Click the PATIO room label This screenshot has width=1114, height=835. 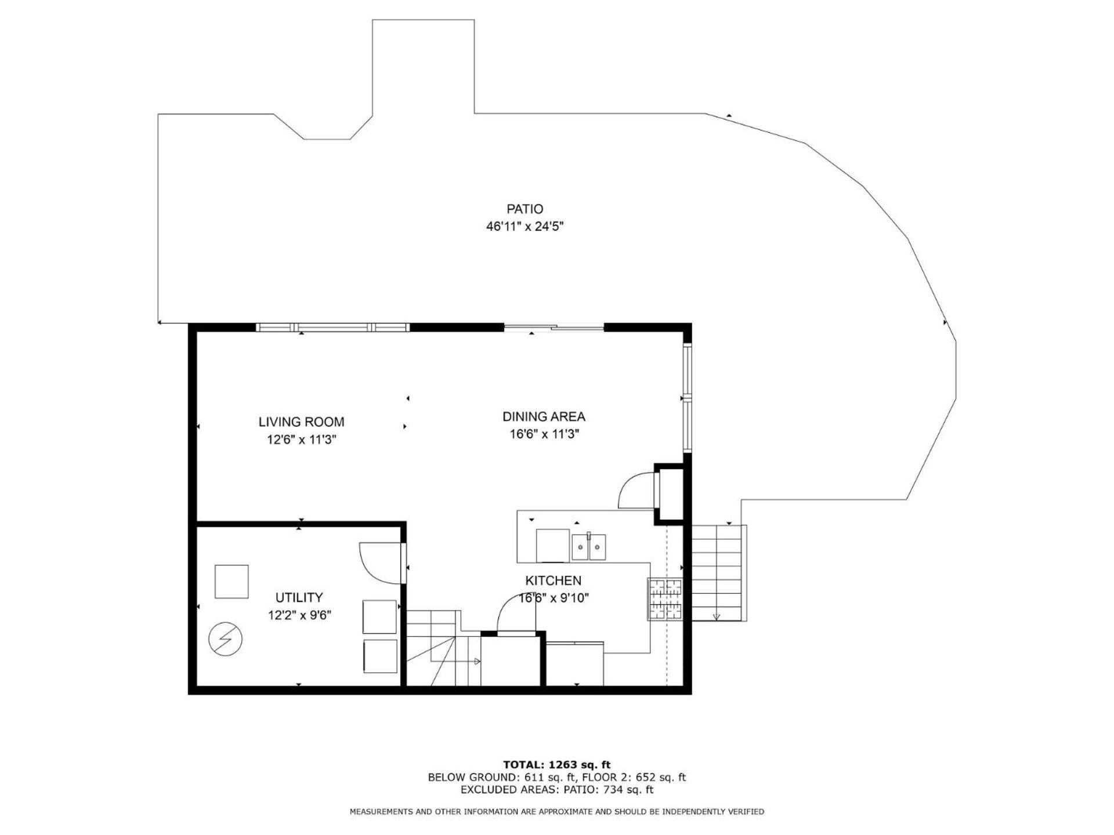pyautogui.click(x=525, y=209)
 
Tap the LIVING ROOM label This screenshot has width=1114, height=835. pyautogui.click(x=301, y=422)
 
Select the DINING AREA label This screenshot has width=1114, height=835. pyautogui.click(x=544, y=416)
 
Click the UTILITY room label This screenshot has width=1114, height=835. pyautogui.click(x=299, y=597)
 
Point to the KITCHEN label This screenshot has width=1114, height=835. pyautogui.click(x=553, y=580)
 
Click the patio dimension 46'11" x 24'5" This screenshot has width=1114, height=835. pyautogui.click(x=525, y=226)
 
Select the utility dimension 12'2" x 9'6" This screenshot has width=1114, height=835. pyautogui.click(x=299, y=615)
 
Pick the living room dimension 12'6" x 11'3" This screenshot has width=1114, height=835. pyautogui.click(x=301, y=440)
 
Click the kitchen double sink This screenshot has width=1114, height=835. pyautogui.click(x=589, y=546)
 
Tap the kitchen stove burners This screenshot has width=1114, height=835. pyautogui.click(x=665, y=599)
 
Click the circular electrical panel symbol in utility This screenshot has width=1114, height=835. pyautogui.click(x=226, y=639)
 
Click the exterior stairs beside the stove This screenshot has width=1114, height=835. pyautogui.click(x=718, y=573)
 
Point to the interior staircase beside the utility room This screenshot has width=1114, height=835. pyautogui.click(x=443, y=648)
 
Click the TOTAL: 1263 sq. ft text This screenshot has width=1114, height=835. pyautogui.click(x=556, y=764)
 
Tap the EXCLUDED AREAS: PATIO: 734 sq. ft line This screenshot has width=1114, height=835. pyautogui.click(x=556, y=789)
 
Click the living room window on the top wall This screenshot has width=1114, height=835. pyautogui.click(x=332, y=328)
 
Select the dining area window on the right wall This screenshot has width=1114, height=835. pyautogui.click(x=688, y=398)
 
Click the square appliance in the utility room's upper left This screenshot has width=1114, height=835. pyautogui.click(x=232, y=582)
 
